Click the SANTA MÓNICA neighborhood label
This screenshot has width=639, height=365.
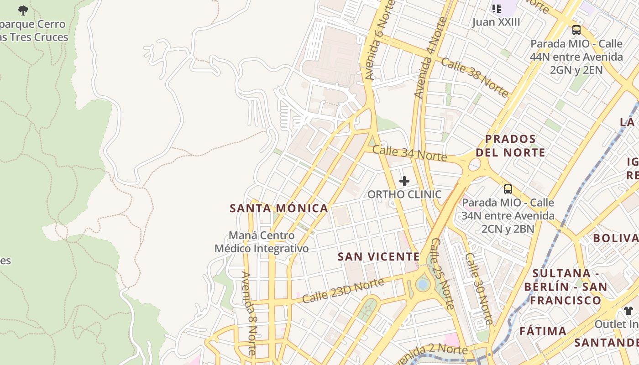point(278,209)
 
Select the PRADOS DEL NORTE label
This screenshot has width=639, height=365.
point(510,146)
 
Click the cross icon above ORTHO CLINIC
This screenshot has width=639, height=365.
point(404,181)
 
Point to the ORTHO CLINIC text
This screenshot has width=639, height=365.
point(404,194)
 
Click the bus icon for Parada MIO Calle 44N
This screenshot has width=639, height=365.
point(576,30)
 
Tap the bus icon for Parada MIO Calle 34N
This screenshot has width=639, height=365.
point(508,189)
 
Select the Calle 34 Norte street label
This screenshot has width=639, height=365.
point(409,153)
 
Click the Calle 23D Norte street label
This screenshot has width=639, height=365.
point(343,291)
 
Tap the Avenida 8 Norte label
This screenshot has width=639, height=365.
point(249,313)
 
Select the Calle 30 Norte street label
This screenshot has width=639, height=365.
point(479,288)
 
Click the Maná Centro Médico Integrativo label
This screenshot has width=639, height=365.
point(262,242)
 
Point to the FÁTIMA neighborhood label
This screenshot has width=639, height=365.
point(543,331)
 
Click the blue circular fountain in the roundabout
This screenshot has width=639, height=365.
point(423,285)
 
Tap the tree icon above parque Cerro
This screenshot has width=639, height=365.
point(23,10)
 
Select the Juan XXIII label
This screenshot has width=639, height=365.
point(496,22)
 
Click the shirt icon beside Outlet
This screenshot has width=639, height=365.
point(629,311)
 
